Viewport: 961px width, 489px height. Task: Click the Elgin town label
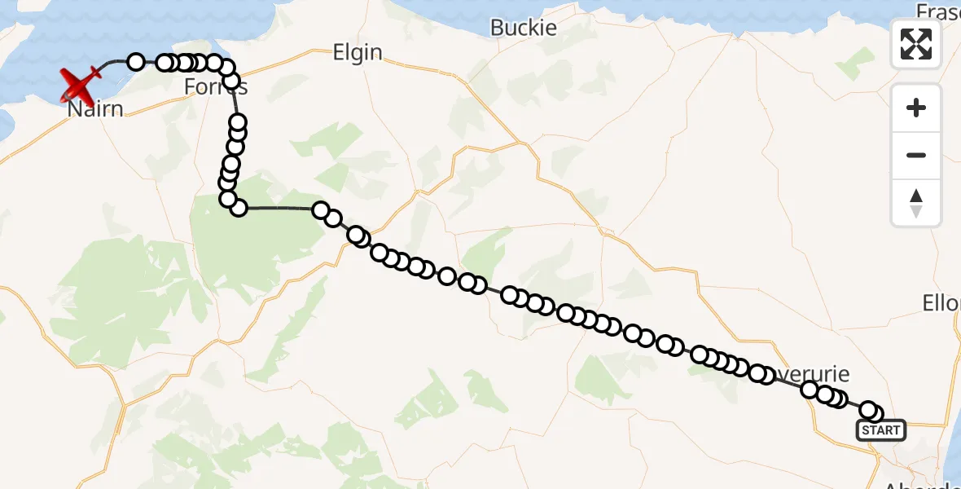(358, 52)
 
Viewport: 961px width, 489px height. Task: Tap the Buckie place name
(524, 28)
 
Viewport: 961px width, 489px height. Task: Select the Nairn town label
(95, 108)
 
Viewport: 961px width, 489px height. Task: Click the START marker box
(881, 430)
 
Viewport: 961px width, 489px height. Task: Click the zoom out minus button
(916, 155)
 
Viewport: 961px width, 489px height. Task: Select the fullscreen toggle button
(916, 44)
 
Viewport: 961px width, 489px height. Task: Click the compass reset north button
(916, 202)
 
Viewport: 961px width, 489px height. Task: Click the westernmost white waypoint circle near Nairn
(136, 62)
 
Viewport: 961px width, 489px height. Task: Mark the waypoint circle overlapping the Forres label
(231, 81)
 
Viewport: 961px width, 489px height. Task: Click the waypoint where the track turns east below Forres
(239, 208)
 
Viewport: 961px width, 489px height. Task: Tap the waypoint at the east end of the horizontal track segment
(321, 211)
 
